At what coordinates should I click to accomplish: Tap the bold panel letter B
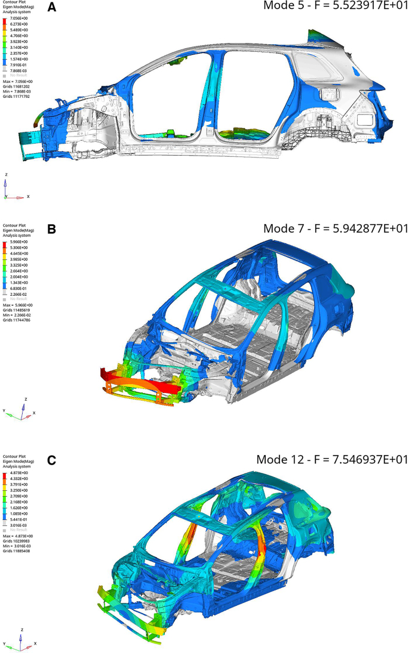point(52,228)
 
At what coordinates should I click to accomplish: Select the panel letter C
point(52,460)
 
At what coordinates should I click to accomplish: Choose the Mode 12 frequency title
point(331,459)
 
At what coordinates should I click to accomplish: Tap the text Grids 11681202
point(16,87)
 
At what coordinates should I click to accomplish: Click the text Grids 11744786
point(16,320)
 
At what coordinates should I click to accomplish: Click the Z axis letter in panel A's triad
point(6,175)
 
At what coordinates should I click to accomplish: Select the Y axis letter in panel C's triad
point(5,644)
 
